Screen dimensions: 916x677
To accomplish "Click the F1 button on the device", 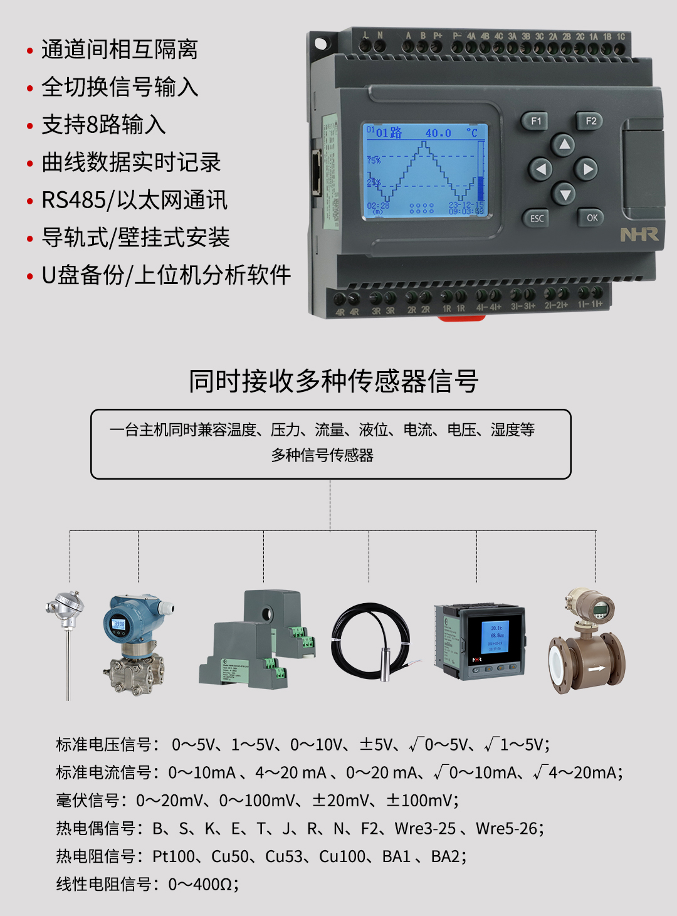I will coord(535,121).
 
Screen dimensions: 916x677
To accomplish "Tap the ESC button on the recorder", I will coord(537,218).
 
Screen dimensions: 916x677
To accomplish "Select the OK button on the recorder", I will coord(591,218).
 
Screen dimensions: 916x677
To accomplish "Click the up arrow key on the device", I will coord(564,145).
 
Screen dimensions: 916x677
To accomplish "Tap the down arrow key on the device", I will coord(565,194).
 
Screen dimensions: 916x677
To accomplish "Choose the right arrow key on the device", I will coord(587,169).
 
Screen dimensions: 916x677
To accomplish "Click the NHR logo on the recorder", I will coord(639,234).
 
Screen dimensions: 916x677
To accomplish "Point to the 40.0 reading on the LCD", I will coord(438,133).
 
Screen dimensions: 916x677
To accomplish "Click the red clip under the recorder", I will coord(461,318).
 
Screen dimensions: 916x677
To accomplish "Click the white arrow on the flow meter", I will coord(596,668).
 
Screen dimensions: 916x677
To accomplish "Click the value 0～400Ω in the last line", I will coord(201,884).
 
